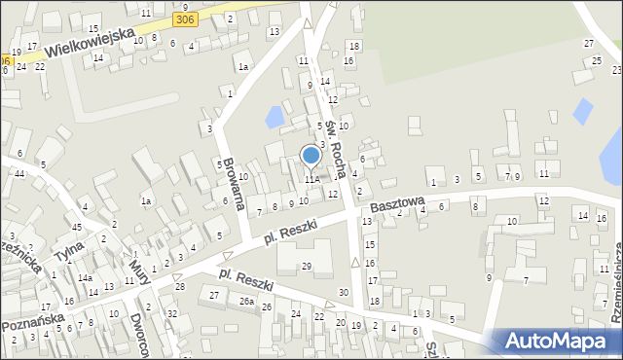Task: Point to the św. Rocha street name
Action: [x=335, y=141]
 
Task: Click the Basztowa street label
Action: [x=396, y=205]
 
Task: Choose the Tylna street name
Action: [x=68, y=254]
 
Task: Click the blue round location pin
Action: [x=311, y=155]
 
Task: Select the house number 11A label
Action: [x=311, y=179]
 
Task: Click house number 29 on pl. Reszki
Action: [x=306, y=267]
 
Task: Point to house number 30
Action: [x=343, y=293]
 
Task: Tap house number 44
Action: [x=19, y=173]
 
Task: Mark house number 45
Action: [x=77, y=227]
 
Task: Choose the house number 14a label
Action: [x=86, y=278]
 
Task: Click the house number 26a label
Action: [x=247, y=303]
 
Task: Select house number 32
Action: [x=171, y=313]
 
